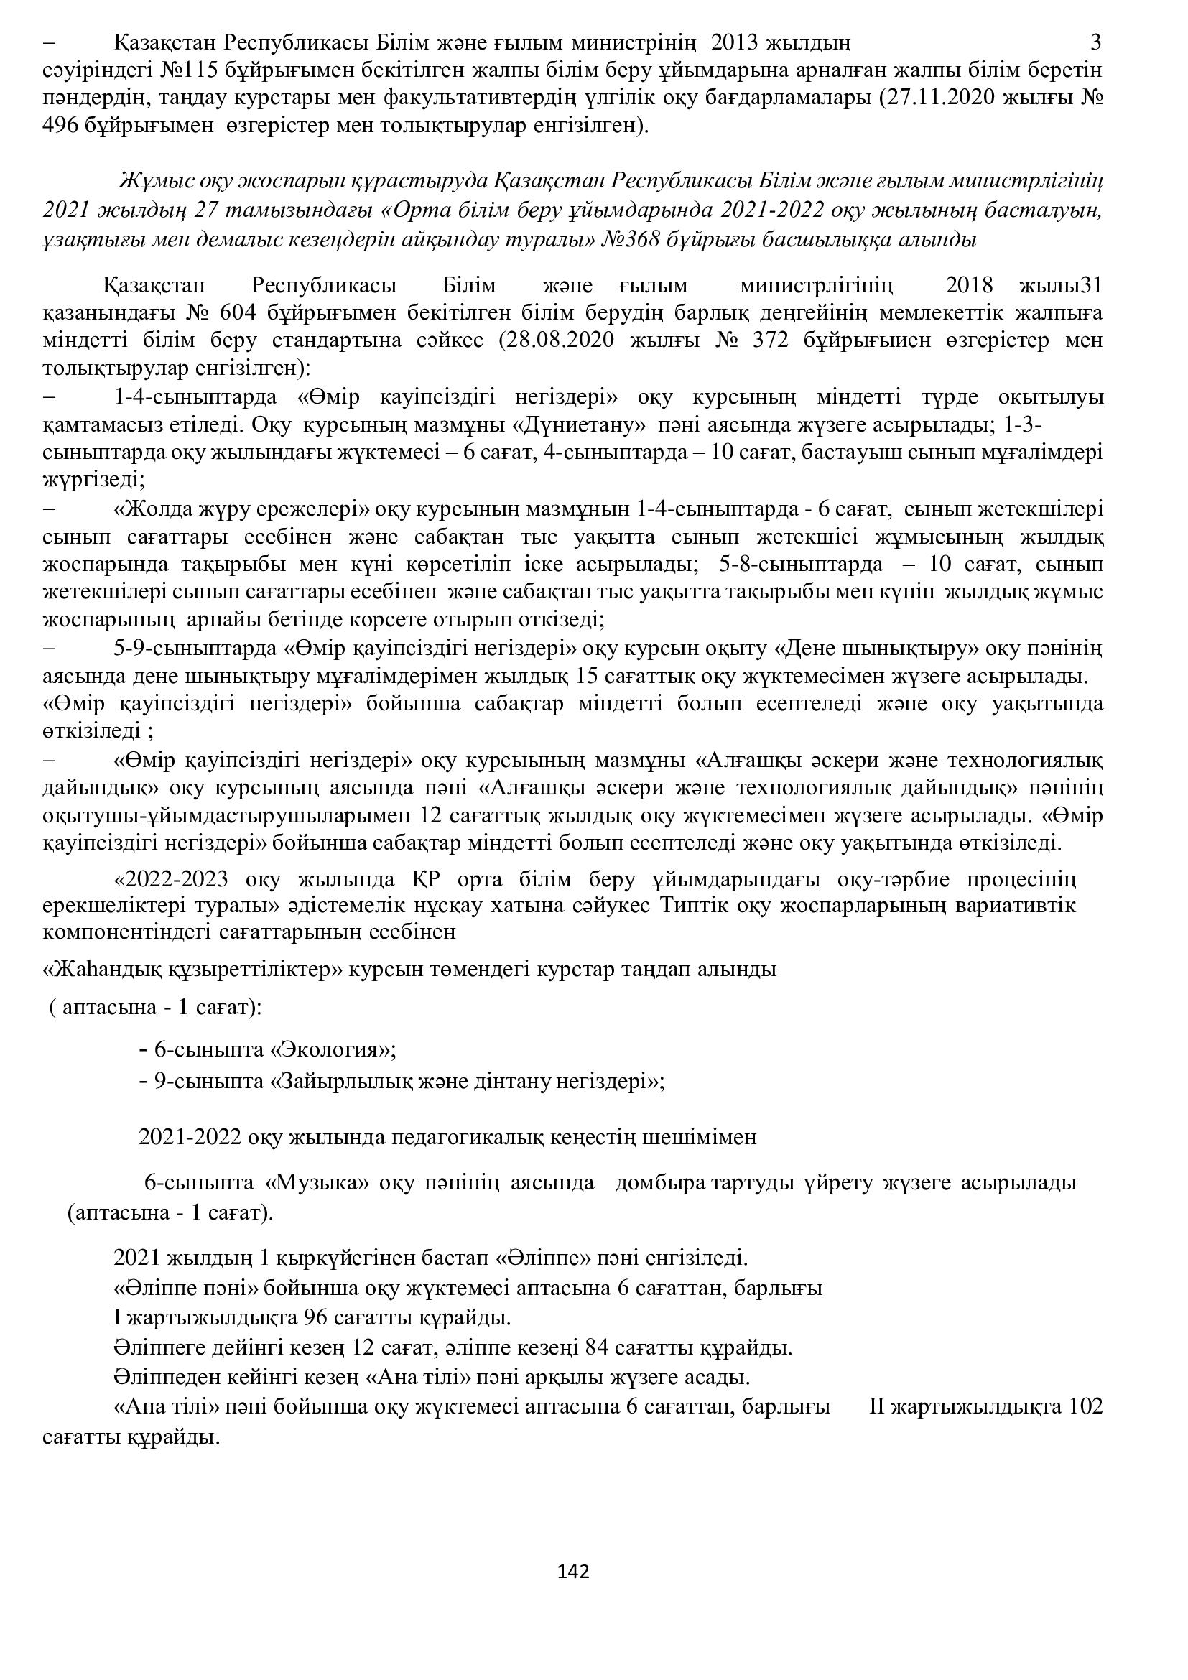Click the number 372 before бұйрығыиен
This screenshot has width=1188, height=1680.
[770, 340]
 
